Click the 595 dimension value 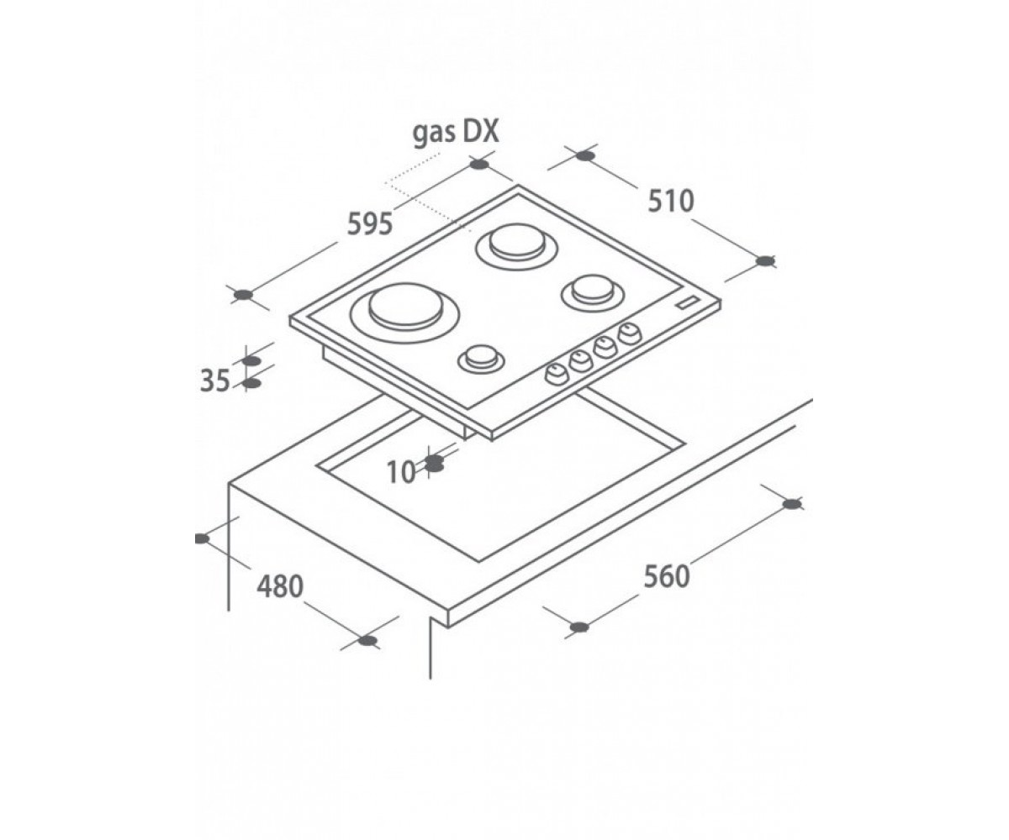tap(370, 224)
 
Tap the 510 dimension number tap(671, 202)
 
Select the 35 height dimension tap(215, 381)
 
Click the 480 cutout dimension tap(280, 586)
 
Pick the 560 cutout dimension tap(667, 576)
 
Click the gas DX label tap(455, 133)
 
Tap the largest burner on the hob tap(405, 312)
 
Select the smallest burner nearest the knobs tap(481, 360)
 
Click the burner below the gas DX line tap(516, 246)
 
